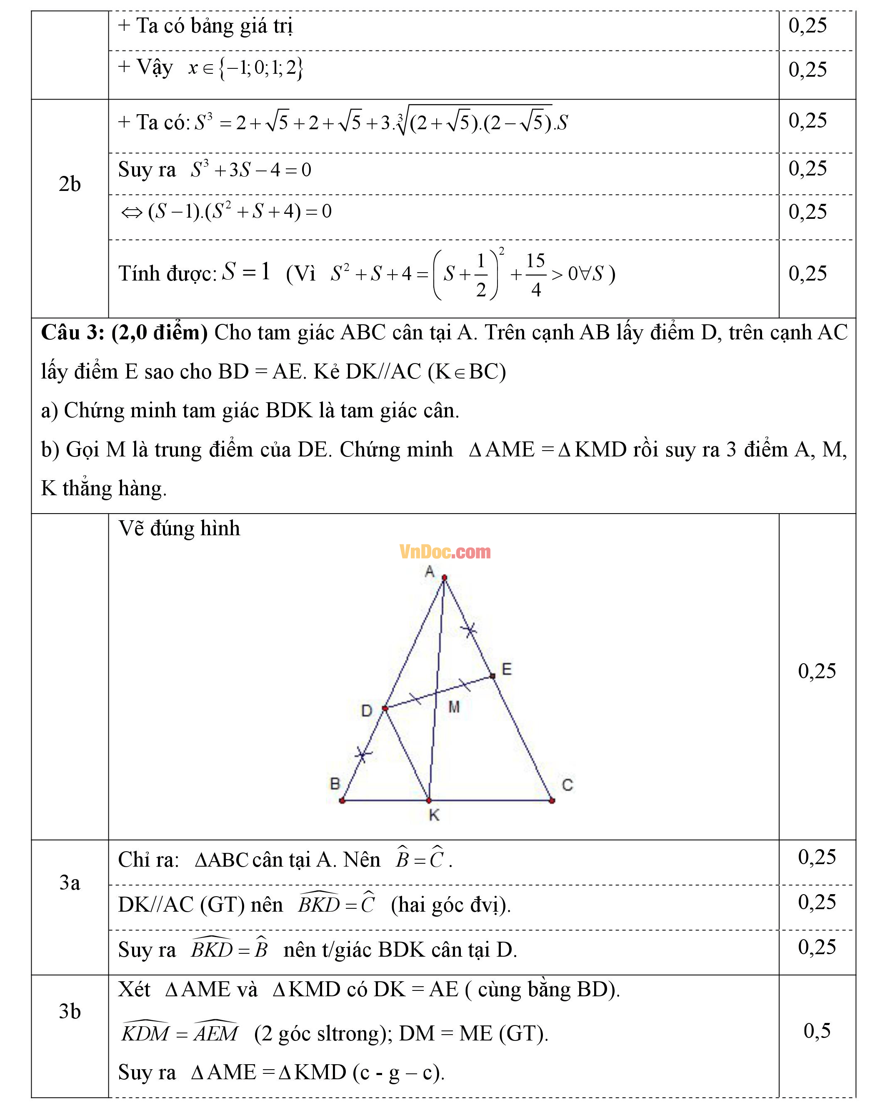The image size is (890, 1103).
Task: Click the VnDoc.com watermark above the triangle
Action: point(445,552)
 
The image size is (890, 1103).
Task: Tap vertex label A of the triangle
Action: point(430,571)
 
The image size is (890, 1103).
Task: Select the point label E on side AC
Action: point(507,669)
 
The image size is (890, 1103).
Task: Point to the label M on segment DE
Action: point(454,707)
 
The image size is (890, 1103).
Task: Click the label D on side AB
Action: point(367,710)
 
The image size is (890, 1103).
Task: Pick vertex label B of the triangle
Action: point(335,784)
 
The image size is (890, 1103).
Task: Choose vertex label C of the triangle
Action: point(567,785)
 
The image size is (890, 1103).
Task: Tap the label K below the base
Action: point(434,815)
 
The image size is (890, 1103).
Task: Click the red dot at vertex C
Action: point(552,800)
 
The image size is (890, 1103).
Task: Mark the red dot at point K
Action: point(429,800)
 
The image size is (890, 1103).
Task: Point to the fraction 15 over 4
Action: point(535,275)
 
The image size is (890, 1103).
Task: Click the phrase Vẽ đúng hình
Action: point(179,528)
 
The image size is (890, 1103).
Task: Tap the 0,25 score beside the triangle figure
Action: point(817,671)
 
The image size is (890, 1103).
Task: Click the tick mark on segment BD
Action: point(363,755)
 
